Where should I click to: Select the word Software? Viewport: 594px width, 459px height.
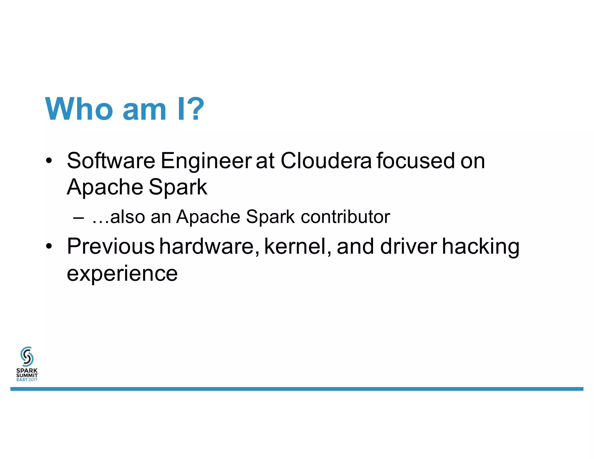pos(111,161)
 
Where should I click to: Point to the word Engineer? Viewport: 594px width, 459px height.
pos(206,161)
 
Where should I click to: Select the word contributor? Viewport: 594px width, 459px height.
pos(345,217)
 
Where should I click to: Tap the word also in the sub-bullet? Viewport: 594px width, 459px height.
pos(128,217)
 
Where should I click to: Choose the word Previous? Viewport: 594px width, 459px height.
pos(111,246)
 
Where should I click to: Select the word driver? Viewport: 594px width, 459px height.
pos(408,246)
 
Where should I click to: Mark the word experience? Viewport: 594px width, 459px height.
pos(122,273)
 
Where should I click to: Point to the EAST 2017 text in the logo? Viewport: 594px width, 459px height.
pos(27,380)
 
